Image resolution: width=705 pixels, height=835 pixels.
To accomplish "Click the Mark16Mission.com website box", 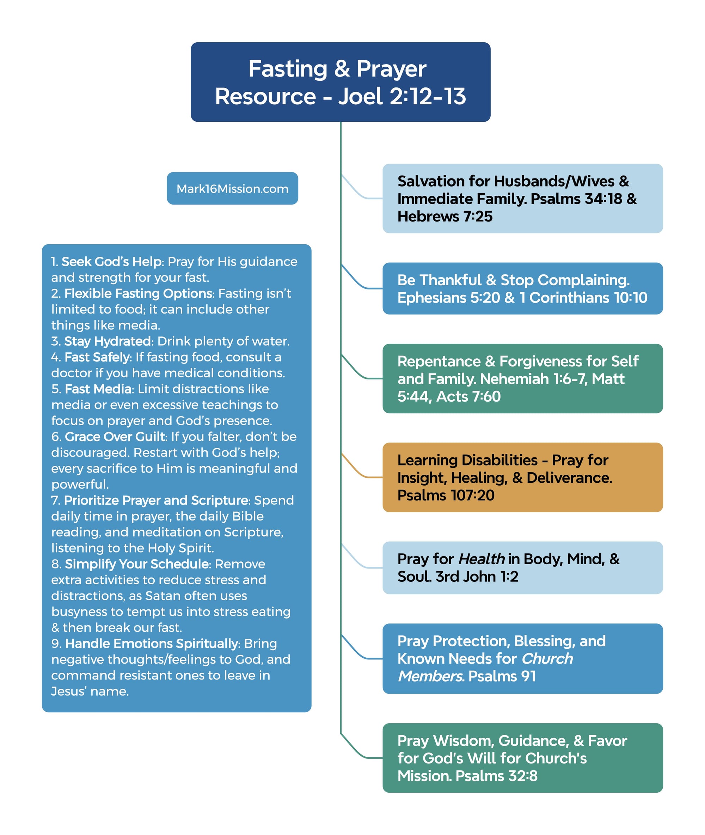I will [232, 188].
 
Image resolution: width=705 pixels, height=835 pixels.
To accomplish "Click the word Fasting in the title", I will [288, 69].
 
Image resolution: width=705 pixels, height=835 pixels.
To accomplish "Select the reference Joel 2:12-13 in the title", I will [401, 96].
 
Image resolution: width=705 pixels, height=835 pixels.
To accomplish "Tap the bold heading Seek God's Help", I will [112, 261].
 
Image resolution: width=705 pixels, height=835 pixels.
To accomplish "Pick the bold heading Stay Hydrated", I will [108, 341].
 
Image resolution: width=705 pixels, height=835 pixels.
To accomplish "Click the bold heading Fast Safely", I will [98, 357].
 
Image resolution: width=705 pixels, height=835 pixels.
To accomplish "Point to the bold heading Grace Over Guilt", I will [115, 437].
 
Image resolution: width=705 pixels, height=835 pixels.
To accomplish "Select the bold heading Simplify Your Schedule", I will [137, 563].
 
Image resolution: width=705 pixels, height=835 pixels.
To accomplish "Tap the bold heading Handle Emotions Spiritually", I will [152, 644].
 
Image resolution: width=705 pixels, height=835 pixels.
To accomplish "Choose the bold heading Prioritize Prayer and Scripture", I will [156, 500].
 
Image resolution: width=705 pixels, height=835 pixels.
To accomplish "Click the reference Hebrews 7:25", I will [445, 216].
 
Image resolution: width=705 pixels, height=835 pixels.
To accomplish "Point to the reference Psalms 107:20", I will [446, 495].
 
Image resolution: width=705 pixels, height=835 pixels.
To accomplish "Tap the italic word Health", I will [481, 559].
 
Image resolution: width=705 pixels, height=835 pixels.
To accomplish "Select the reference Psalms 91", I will [502, 676].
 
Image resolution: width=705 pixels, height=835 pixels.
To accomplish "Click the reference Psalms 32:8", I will [496, 775].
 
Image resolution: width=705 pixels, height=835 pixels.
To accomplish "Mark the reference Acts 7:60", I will [468, 396].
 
